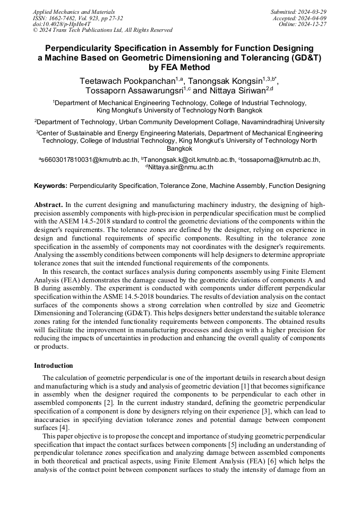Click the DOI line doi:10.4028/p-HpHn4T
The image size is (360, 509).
pos(62,24)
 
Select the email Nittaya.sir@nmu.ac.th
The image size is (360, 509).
pos(181,167)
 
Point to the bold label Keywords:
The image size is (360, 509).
pos(50,186)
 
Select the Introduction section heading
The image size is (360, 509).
pos(53,366)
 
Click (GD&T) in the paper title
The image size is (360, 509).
pos(304,57)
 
